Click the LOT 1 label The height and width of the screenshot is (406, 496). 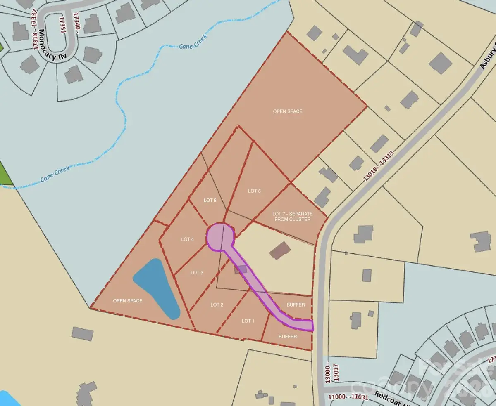click(x=248, y=321)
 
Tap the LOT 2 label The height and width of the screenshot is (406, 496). click(x=217, y=305)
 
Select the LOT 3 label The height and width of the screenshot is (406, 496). click(x=197, y=273)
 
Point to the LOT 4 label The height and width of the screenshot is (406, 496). click(x=187, y=239)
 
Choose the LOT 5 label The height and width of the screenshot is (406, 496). click(x=210, y=201)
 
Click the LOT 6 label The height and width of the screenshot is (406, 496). click(x=255, y=191)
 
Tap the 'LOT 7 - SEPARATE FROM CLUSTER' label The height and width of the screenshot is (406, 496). click(x=292, y=217)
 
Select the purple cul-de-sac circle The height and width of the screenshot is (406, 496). click(x=220, y=237)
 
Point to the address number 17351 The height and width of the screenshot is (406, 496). click(x=62, y=27)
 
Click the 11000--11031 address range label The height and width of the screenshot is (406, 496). click(x=347, y=397)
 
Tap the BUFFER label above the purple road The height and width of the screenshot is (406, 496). click(x=296, y=305)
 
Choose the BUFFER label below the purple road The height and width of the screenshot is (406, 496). click(x=288, y=337)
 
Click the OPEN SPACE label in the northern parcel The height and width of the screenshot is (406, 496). click(x=288, y=111)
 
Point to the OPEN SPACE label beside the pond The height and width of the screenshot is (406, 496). click(x=128, y=301)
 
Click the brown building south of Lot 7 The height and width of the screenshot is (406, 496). click(x=280, y=250)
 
